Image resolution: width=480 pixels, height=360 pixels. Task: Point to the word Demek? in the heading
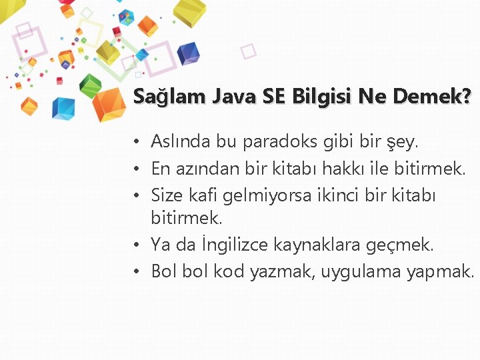pyautogui.click(x=432, y=97)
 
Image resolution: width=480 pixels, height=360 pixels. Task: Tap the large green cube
pyautogui.click(x=91, y=84)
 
